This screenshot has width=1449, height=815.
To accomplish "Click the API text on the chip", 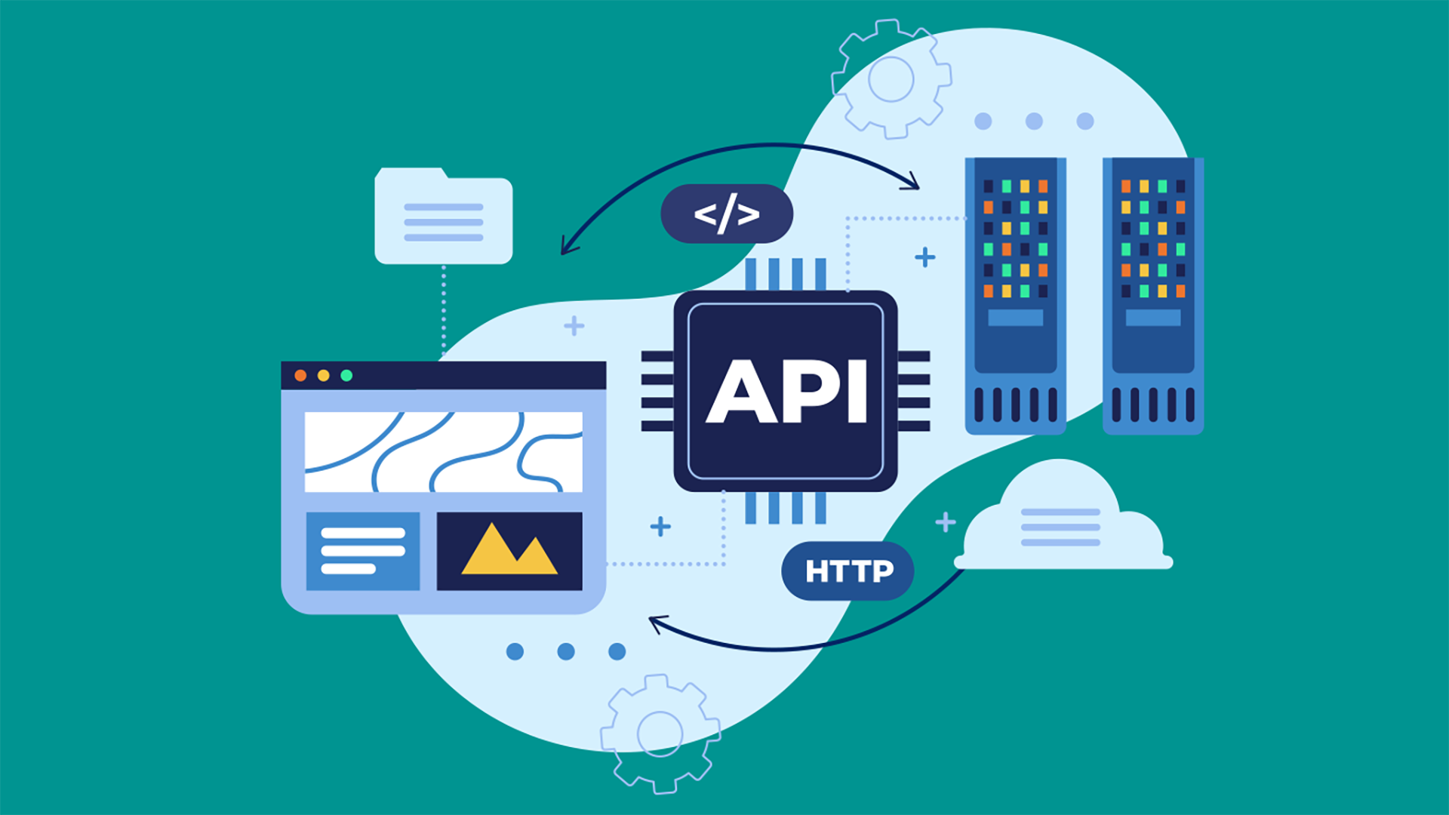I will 786,392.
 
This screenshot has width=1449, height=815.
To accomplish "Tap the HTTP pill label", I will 848,571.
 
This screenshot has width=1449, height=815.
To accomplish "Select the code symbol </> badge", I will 727,214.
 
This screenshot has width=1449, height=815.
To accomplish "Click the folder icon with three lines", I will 444,217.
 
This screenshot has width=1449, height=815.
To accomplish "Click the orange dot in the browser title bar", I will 300,376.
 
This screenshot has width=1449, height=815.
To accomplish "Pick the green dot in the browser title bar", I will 346,376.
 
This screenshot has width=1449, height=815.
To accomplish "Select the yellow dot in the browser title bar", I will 324,376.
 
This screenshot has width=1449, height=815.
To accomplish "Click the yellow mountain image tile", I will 509,551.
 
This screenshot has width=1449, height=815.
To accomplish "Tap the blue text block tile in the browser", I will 363,551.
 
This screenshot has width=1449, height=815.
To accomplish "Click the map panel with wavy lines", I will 444,451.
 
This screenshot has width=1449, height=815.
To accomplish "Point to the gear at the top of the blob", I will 891,79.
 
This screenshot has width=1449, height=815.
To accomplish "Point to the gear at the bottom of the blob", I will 660,733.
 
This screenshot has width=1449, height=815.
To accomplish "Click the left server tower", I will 1015,296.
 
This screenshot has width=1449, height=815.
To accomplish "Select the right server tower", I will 1152,296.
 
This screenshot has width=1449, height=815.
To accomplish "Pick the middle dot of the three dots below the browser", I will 566,651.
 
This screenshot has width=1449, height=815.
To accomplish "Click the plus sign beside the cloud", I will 946,521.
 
